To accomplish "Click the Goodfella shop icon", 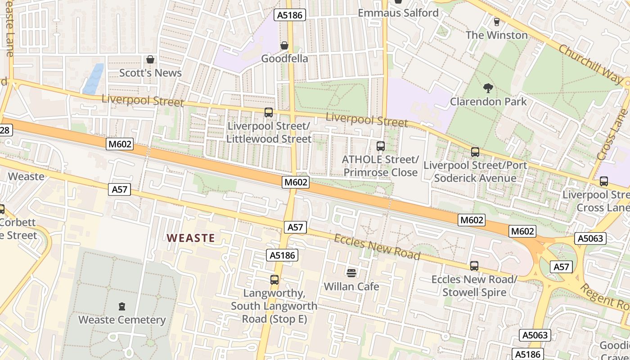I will pos(284,45).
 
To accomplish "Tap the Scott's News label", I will pos(150,73).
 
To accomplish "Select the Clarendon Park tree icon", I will pos(488,88).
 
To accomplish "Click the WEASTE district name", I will pos(191,238).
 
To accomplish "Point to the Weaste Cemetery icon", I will pos(121,306).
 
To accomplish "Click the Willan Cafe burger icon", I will pos(351,273).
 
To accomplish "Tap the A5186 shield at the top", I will pos(290,15).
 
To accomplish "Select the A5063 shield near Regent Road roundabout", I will pos(590,238).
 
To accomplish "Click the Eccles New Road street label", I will pos(377,247).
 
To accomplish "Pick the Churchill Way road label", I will pos(589,63).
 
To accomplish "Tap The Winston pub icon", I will pos(497,22).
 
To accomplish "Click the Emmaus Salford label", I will pos(398,13).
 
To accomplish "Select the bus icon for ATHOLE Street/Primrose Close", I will pos(381,146).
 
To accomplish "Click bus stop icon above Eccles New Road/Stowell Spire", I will pos(474,265).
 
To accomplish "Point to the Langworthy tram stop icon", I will pos(274,279).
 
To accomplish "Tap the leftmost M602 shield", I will pos(120,144).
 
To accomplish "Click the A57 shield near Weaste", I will pos(120,189).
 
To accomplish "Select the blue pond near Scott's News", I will pos(94,78).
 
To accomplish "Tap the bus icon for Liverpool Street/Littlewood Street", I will pos(269,112).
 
